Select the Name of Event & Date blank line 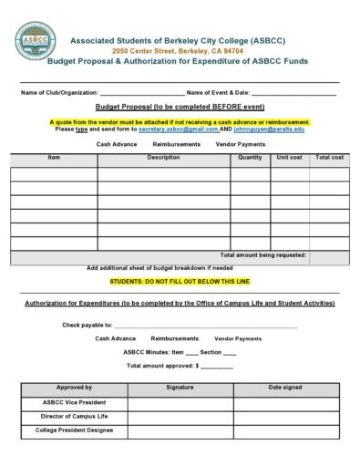point(293,95)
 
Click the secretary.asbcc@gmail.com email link point(179,129)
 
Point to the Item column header point(54,158)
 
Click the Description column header point(164,158)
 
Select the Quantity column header point(250,158)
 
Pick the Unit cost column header point(289,158)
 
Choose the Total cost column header point(329,158)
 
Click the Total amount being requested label point(263,255)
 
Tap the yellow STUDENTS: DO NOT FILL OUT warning point(186,282)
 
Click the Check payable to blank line point(205,326)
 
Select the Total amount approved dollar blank point(216,366)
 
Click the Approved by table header point(74,388)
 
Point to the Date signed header point(285,388)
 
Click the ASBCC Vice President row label point(74,402)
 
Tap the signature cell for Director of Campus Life point(180,416)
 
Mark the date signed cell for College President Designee point(285,430)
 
